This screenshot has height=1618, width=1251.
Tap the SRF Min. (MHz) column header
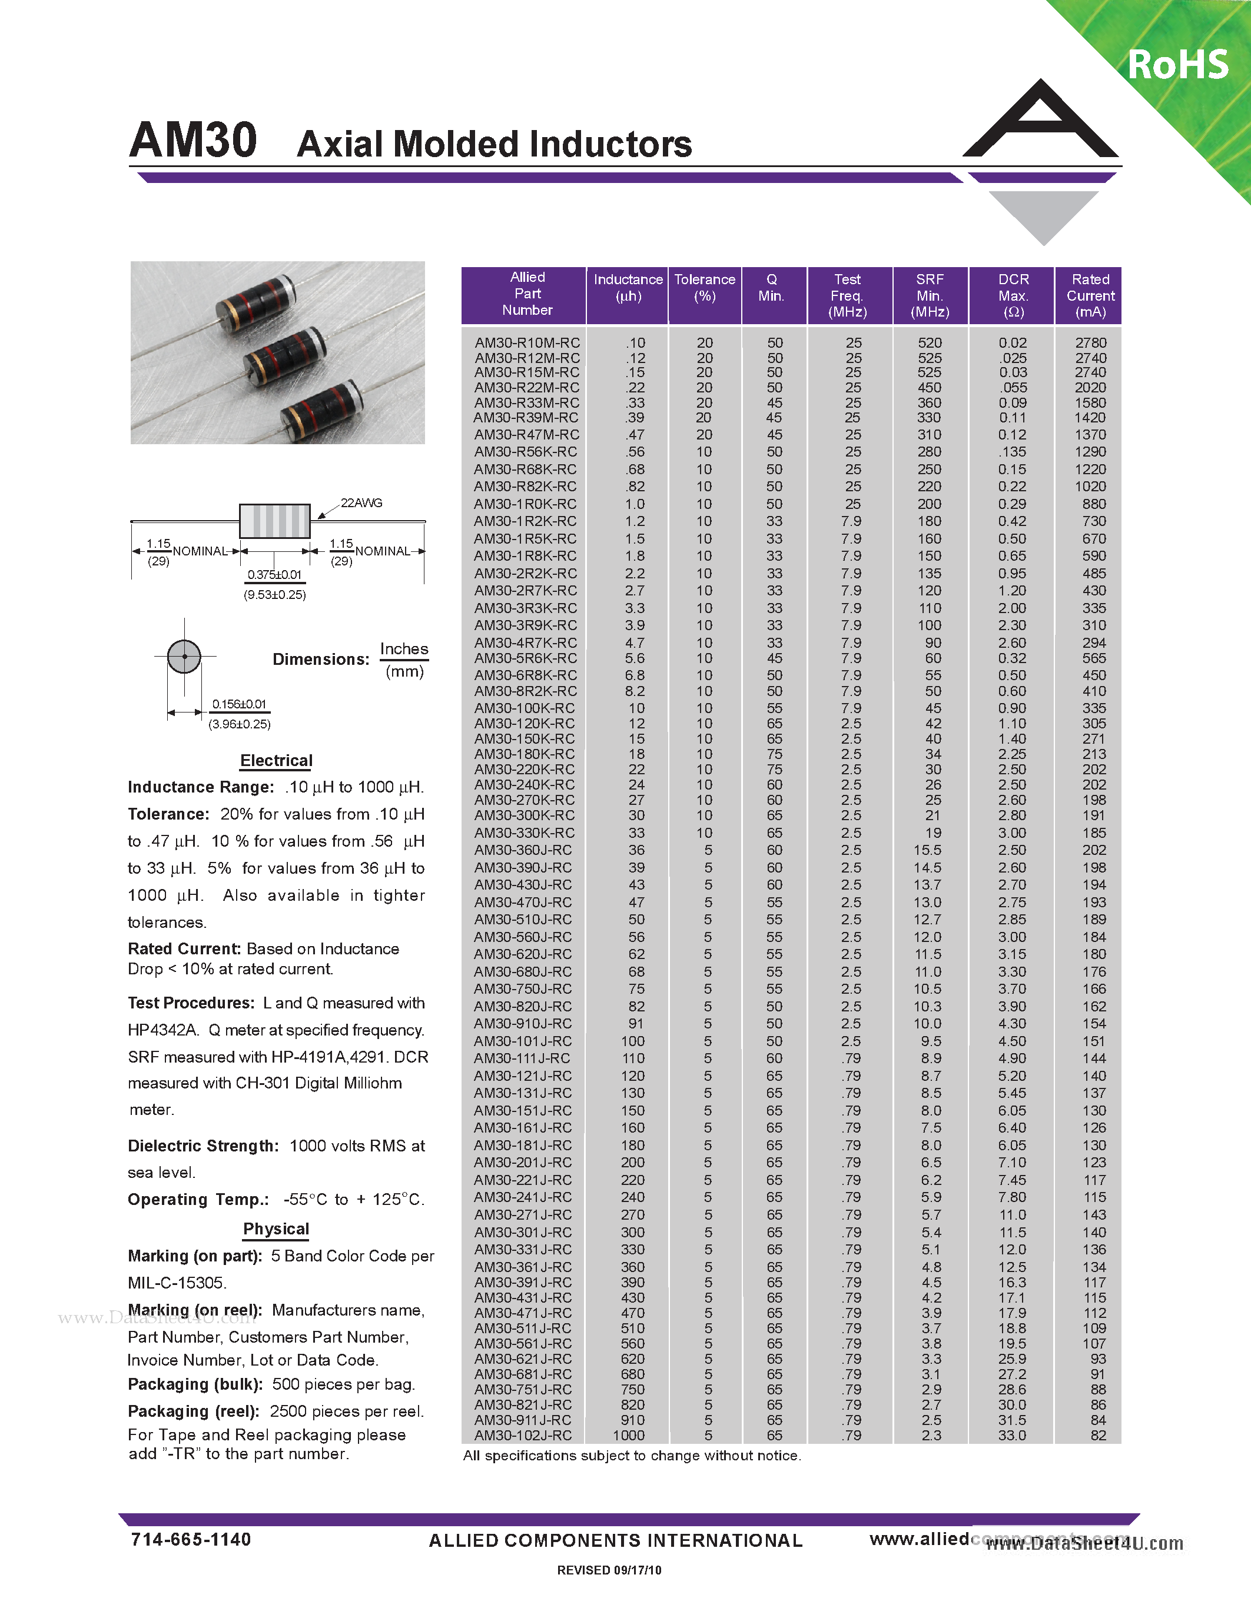point(930,295)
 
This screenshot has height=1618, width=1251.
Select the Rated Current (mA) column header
point(1090,295)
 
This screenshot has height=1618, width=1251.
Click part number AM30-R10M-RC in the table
point(527,343)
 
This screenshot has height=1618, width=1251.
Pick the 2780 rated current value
point(1090,343)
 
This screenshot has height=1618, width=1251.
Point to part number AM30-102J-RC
point(523,1435)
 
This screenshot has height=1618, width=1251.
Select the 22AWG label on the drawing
point(361,503)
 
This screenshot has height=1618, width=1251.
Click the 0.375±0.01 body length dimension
point(274,575)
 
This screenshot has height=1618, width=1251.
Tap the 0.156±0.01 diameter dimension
point(238,704)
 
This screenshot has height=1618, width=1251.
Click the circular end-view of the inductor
point(184,657)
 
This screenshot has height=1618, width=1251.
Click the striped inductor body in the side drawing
point(274,521)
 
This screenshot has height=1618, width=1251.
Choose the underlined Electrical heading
point(277,761)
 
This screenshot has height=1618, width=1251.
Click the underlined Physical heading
point(277,1229)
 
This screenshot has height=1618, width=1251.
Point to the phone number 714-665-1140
point(191,1540)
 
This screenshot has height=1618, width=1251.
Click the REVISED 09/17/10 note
point(609,1570)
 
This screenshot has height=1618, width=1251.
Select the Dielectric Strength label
point(203,1146)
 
